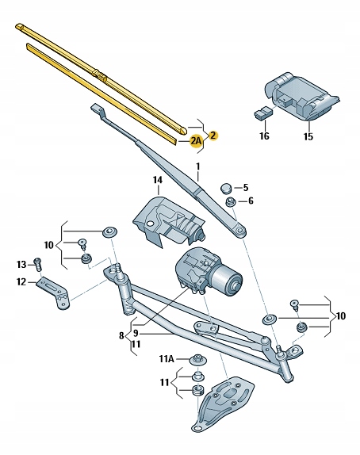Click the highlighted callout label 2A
coord(196,141)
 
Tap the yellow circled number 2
coord(213,136)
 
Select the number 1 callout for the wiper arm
coord(198,166)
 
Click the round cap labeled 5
coord(227,188)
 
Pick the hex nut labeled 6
coord(231,201)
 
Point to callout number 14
coord(158,180)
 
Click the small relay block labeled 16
coord(263,113)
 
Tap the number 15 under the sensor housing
coord(308,136)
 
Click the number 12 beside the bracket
coord(21,281)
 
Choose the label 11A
coord(167,359)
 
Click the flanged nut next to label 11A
coord(198,360)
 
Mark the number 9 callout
coord(136,334)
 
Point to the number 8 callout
coord(121,336)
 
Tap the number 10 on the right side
coord(340,315)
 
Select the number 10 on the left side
coord(49,245)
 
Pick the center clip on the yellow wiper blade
coord(99,75)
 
